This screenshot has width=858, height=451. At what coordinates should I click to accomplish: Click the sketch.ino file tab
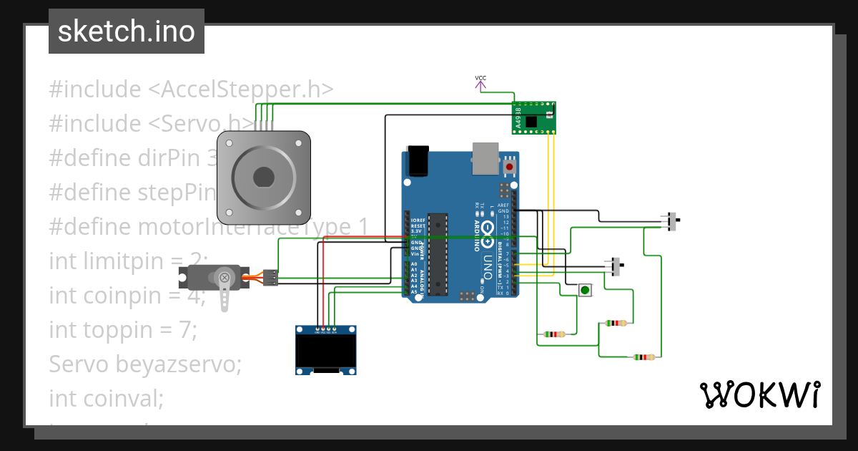[x=127, y=31]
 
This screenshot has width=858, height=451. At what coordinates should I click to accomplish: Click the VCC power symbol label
[x=480, y=78]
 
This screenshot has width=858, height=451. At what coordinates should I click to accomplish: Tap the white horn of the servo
[x=225, y=289]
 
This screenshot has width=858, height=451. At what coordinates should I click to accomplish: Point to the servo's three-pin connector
[x=270, y=278]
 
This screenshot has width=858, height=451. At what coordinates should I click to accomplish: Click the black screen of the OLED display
[x=327, y=351]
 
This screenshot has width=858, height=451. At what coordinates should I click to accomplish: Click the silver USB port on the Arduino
[x=485, y=157]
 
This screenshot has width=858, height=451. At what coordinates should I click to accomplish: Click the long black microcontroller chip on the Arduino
[x=438, y=254]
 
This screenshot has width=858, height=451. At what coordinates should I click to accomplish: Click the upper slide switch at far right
[x=672, y=222]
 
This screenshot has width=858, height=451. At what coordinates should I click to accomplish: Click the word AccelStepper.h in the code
[x=240, y=89]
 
